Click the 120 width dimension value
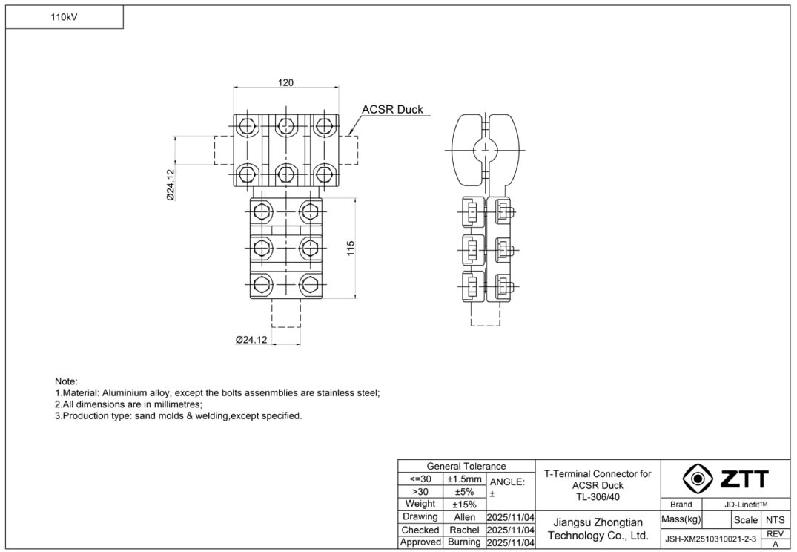(285, 82)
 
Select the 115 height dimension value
(350, 248)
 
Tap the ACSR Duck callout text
(392, 110)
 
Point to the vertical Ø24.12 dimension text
(171, 185)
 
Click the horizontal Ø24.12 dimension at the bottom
(251, 339)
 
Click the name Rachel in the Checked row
(465, 530)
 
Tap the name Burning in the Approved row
(465, 542)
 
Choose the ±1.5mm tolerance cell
(465, 479)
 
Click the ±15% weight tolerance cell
(465, 505)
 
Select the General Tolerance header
(466, 467)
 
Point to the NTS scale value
(775, 520)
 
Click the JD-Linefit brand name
(747, 505)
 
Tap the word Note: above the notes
(66, 381)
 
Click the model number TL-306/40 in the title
(598, 497)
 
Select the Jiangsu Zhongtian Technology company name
(598, 529)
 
